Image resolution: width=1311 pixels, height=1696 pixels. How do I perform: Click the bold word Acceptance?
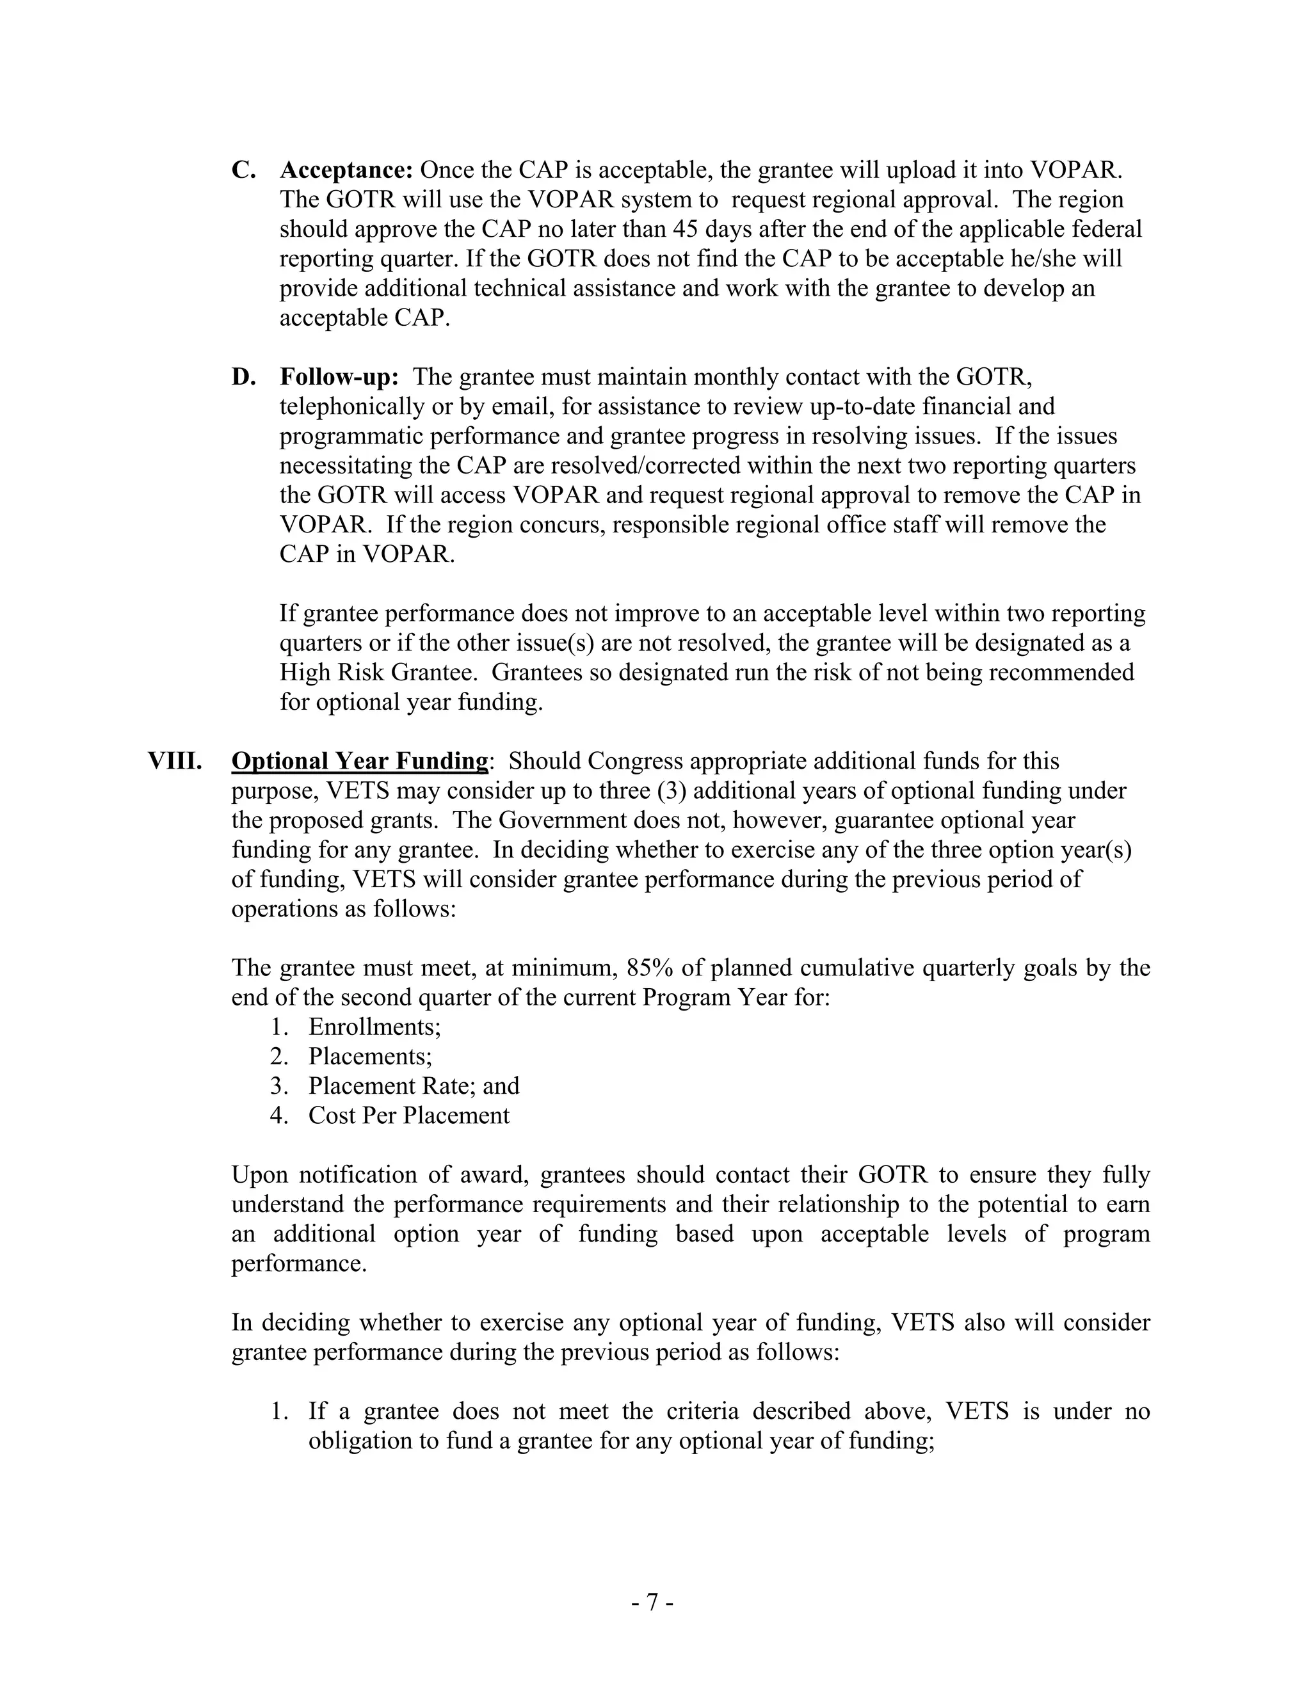(x=346, y=170)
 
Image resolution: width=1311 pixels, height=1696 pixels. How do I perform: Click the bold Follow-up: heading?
(x=339, y=378)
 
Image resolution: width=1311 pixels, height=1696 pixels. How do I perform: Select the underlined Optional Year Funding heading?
(x=360, y=761)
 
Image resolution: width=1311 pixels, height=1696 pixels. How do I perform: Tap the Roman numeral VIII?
(x=175, y=761)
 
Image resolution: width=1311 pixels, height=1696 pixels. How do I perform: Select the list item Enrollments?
(x=374, y=1027)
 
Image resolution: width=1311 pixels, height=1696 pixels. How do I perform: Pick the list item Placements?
(x=371, y=1057)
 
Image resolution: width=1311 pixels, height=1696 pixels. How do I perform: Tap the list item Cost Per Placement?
(x=408, y=1116)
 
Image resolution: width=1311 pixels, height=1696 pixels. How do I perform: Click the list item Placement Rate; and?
(x=413, y=1087)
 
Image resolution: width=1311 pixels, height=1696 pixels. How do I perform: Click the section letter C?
(x=243, y=170)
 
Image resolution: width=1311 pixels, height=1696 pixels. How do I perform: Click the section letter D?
(x=243, y=378)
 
